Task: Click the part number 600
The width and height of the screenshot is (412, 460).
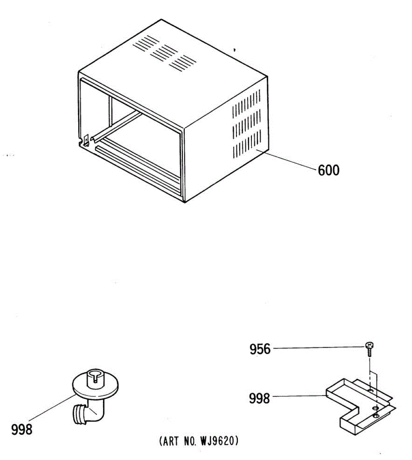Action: coord(328,170)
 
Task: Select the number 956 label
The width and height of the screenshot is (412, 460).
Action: coord(260,349)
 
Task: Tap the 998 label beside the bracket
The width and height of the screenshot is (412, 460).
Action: coord(259,399)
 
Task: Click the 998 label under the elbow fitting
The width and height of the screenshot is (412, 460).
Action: coord(22,430)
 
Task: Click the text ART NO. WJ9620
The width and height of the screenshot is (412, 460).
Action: coord(199,441)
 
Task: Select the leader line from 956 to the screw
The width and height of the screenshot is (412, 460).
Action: coord(318,348)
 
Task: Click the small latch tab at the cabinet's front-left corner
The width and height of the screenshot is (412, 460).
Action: coord(86,140)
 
